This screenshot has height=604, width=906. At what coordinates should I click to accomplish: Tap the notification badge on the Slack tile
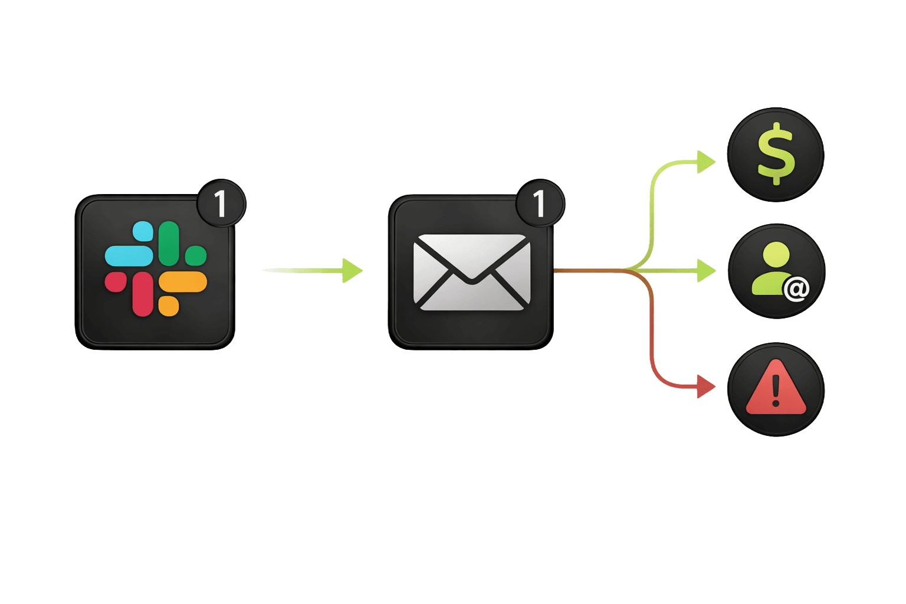coord(221,204)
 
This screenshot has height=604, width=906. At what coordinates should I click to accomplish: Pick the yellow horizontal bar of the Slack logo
coord(183,282)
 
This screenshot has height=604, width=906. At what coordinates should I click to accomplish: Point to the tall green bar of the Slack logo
coord(169,242)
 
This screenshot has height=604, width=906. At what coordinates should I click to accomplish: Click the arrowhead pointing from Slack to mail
coord(352,271)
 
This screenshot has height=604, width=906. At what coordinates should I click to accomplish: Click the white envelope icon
coord(471,272)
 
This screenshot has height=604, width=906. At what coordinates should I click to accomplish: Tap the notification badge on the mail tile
coord(540,204)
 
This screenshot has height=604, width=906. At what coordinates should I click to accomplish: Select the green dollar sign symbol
coord(776,153)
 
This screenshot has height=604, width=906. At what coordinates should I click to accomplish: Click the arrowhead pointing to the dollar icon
coord(705,162)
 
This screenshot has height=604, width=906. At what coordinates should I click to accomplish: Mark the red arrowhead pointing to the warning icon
coord(705,387)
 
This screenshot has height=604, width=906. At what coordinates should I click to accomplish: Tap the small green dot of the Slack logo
coord(196,255)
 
